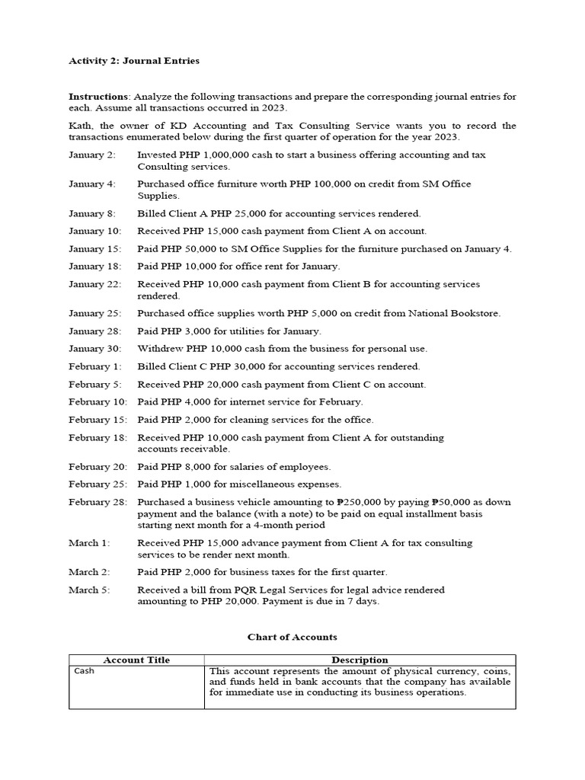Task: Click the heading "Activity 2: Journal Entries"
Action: [134, 61]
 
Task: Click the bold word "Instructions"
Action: [98, 97]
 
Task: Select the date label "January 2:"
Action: [91, 155]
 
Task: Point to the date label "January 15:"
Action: [94, 249]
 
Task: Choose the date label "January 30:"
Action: [94, 349]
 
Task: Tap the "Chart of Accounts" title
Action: [292, 637]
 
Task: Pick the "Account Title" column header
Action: [136, 660]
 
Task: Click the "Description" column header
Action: [360, 660]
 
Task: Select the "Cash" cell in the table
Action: [84, 671]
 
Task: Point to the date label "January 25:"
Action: [94, 313]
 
